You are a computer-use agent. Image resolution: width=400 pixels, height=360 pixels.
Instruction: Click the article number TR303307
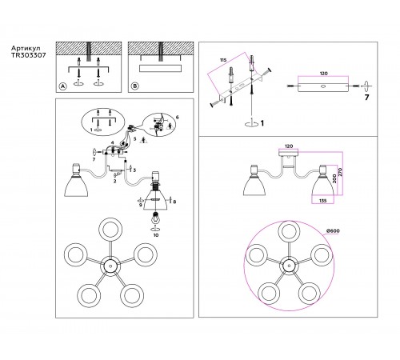click(29, 55)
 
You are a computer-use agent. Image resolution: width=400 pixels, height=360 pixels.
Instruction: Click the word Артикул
click(26, 49)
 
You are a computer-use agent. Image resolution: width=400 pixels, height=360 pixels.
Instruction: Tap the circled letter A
click(62, 86)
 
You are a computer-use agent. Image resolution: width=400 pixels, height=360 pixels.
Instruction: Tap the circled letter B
click(135, 86)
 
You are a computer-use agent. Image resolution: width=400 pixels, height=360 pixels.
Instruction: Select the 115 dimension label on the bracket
click(223, 60)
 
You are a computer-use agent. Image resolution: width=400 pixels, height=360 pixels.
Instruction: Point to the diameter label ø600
click(333, 230)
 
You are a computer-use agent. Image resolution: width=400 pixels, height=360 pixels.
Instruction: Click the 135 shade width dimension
click(322, 201)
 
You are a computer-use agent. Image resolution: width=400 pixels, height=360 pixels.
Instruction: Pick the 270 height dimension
click(340, 173)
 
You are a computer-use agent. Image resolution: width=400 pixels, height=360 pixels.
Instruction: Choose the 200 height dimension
click(334, 178)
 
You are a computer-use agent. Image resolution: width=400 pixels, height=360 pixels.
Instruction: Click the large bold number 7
click(367, 98)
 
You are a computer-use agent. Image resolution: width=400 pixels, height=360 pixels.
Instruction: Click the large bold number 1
click(262, 123)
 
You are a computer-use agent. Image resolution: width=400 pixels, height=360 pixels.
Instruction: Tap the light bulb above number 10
click(155, 218)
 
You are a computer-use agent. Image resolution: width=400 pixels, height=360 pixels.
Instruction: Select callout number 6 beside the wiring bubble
click(178, 117)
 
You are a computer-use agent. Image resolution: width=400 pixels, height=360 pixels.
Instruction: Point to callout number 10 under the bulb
click(156, 235)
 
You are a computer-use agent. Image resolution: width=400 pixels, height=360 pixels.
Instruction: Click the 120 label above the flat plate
click(323, 74)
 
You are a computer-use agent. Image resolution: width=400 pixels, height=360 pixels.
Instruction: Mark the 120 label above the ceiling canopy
click(289, 146)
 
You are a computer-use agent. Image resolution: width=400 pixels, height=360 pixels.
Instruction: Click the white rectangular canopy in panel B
click(161, 68)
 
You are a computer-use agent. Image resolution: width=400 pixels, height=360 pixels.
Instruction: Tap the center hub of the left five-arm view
click(110, 266)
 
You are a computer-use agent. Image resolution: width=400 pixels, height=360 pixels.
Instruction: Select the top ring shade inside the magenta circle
click(289, 231)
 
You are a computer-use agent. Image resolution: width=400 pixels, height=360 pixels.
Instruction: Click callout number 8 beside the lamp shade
click(174, 202)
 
